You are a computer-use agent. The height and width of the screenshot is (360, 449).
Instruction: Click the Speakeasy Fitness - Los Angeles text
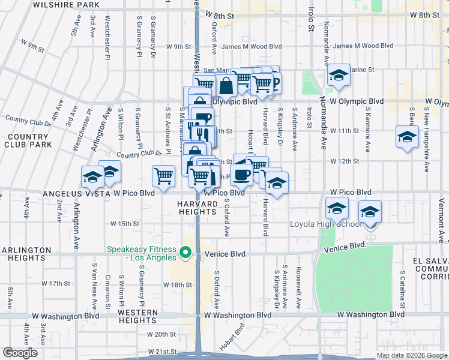click(142, 253)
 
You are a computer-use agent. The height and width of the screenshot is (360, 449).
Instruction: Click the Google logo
click(20, 353)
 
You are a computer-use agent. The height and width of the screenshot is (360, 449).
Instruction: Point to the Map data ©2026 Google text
click(411, 355)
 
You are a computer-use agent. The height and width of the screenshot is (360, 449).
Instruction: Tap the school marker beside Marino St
click(339, 75)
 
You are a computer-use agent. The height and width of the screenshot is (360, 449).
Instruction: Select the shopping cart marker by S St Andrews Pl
click(164, 176)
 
